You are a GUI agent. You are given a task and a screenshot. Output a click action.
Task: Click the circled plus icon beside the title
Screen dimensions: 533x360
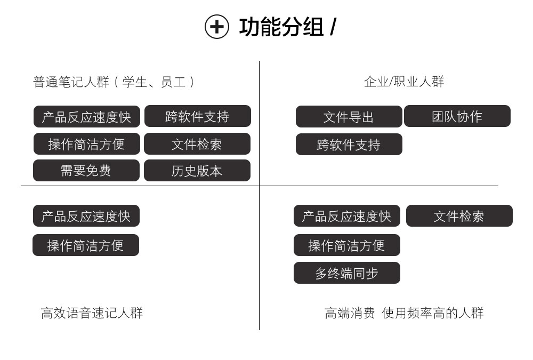(x=216, y=27)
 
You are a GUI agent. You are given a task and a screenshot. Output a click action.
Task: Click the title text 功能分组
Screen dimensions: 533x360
(x=281, y=27)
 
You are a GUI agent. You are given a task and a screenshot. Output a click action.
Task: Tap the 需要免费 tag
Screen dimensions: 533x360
(x=86, y=171)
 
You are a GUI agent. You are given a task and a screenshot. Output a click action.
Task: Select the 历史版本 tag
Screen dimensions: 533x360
(x=197, y=171)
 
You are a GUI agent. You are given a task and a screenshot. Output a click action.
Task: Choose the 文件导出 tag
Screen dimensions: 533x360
(x=349, y=117)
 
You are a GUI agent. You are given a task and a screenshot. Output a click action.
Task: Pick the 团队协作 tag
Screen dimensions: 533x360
(x=457, y=116)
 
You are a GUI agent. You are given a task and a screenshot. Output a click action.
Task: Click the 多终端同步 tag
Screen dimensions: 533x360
(x=347, y=273)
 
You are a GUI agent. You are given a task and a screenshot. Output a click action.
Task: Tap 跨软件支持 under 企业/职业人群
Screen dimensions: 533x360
(x=349, y=145)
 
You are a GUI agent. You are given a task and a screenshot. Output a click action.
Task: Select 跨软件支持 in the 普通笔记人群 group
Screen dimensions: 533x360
(x=198, y=116)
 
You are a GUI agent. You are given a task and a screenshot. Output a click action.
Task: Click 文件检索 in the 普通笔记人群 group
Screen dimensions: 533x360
(x=197, y=144)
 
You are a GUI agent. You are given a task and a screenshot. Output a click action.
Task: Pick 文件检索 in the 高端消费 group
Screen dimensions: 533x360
(x=459, y=215)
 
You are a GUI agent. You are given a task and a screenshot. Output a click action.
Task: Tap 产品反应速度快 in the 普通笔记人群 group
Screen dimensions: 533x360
(x=87, y=117)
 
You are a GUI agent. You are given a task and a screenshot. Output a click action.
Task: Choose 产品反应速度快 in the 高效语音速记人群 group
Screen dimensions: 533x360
(x=86, y=215)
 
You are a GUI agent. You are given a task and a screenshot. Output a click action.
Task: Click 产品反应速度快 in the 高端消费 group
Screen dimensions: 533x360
(x=347, y=215)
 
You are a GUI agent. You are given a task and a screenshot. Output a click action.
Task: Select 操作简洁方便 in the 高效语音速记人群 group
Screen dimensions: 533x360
(x=86, y=245)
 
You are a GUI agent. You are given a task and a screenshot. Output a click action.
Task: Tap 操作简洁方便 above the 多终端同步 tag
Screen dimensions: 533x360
(x=347, y=245)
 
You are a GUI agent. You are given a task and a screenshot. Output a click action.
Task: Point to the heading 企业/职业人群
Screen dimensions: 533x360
(x=404, y=82)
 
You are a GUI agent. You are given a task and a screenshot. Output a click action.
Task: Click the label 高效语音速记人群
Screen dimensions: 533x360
(x=92, y=313)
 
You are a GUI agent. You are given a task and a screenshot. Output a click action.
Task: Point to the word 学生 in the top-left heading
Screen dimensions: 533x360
(x=135, y=82)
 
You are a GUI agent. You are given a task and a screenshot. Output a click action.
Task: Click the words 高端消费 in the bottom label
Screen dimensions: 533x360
(x=350, y=313)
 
